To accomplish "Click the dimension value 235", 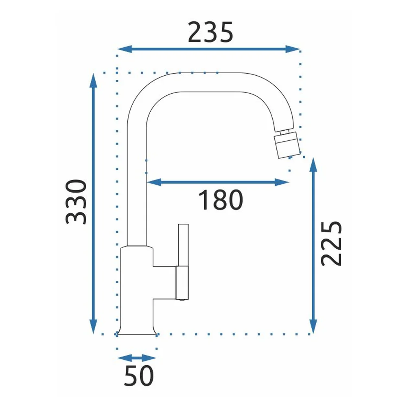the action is pos(210,32).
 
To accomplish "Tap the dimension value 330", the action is pos(76,202).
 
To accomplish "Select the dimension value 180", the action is pos(220,199).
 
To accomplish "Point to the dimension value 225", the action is pos(331,244).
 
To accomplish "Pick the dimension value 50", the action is pos(139,375).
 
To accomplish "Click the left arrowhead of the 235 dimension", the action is pos(125,49).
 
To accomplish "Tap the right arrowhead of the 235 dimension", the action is pos(293,49).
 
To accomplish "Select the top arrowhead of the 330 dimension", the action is pos(93,81).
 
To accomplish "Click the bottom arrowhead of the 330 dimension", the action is pos(93,326).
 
